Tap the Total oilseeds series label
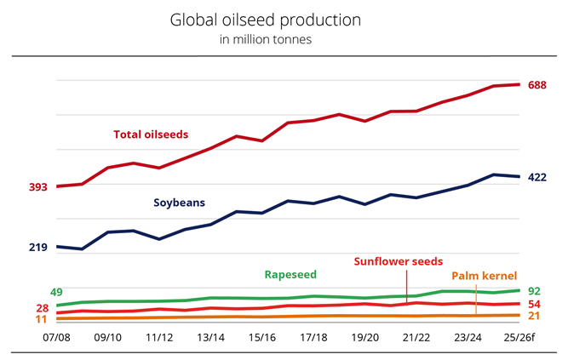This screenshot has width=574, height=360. [x=151, y=134]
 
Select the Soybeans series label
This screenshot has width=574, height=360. [x=180, y=203]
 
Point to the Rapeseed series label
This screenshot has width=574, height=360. [x=290, y=275]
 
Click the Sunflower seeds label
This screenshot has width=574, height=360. [x=399, y=261]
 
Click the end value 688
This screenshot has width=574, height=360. [x=537, y=85]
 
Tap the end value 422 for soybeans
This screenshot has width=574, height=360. [x=537, y=177]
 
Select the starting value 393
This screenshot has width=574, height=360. [x=37, y=187]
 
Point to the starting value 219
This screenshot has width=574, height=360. [x=37, y=248]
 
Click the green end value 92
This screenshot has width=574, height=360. [x=536, y=291]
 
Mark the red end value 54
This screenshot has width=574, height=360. [x=536, y=304]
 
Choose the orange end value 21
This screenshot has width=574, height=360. [x=536, y=316]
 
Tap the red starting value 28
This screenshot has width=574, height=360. [x=42, y=308]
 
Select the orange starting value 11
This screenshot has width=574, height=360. [x=42, y=319]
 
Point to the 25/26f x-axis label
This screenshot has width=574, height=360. [x=519, y=338]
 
